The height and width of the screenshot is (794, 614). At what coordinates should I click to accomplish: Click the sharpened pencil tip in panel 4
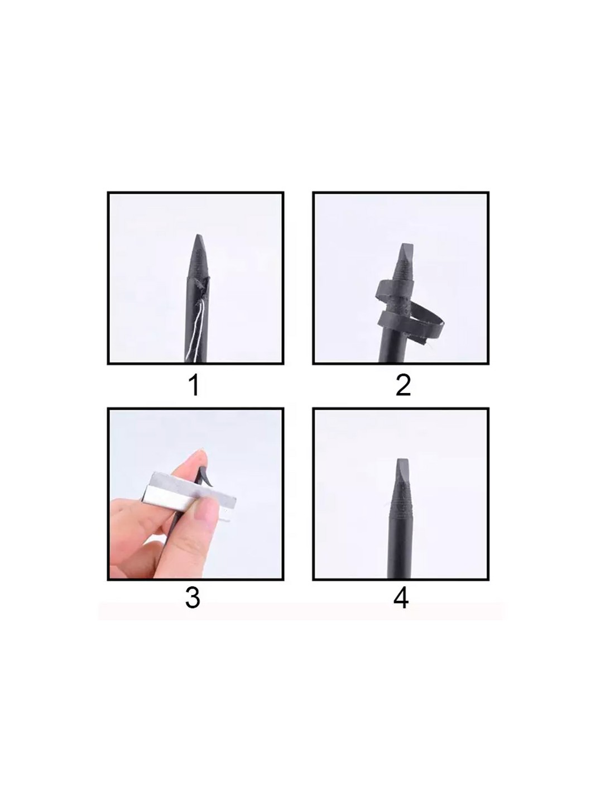click(x=401, y=463)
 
